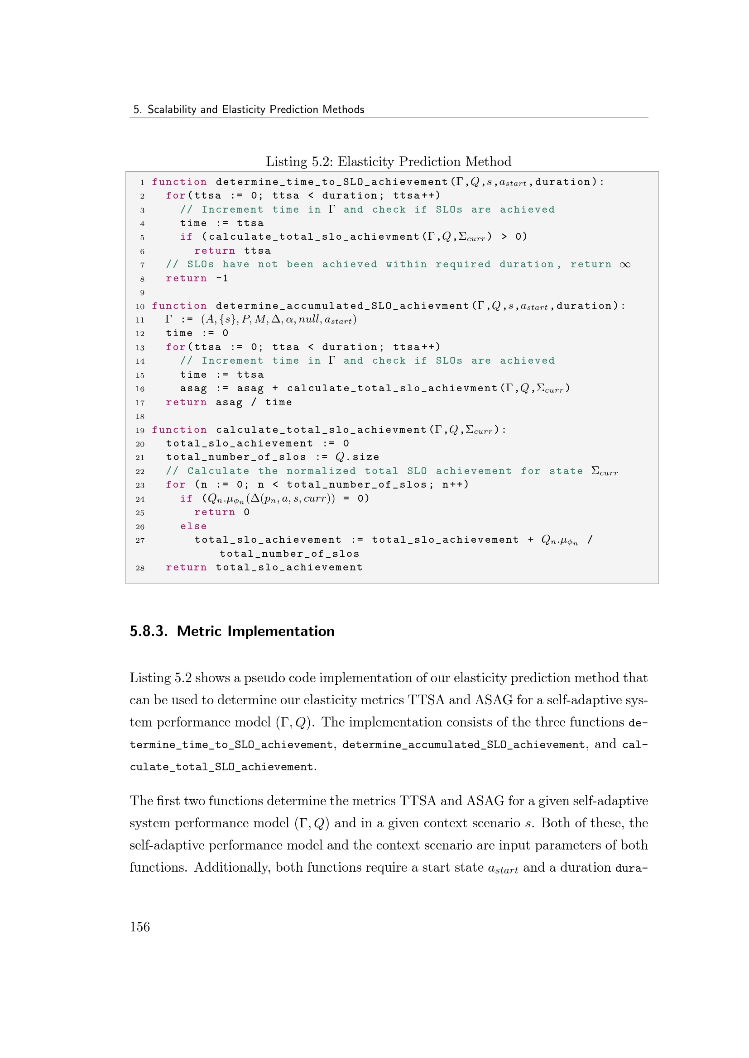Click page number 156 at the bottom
(x=140, y=927)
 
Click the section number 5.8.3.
(x=149, y=631)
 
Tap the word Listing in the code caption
(x=286, y=161)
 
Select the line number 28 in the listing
(x=140, y=568)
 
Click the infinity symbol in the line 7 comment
(x=625, y=265)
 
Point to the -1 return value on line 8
(x=222, y=278)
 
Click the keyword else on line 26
(x=193, y=526)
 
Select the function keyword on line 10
(x=179, y=306)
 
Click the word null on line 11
(x=308, y=319)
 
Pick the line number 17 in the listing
(x=140, y=403)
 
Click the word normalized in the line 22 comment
(x=321, y=471)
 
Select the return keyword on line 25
(x=215, y=512)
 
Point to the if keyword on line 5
(x=186, y=237)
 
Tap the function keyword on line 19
(x=179, y=430)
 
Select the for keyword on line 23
(x=175, y=485)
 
